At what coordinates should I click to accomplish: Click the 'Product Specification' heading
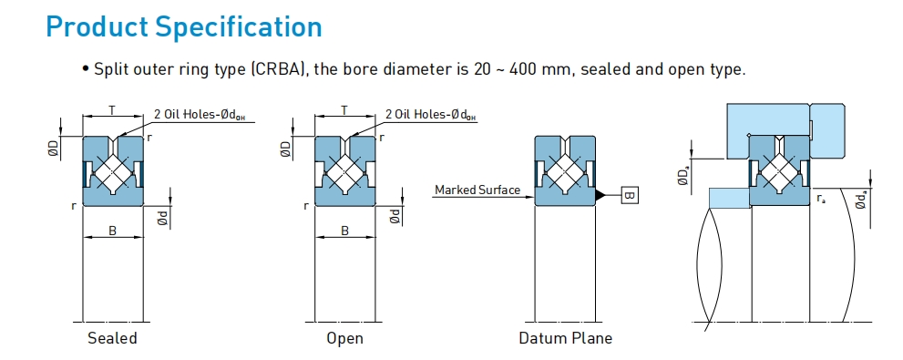184,27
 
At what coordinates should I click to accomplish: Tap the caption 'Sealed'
112,337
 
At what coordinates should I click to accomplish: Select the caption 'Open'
344,337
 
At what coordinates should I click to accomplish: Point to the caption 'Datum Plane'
565,337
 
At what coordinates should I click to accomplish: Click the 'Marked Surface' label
477,190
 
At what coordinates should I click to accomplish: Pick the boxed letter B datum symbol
630,195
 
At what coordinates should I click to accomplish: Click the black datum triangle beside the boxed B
600,195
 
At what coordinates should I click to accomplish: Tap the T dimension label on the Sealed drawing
112,110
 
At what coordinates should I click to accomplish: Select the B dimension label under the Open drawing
344,231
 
